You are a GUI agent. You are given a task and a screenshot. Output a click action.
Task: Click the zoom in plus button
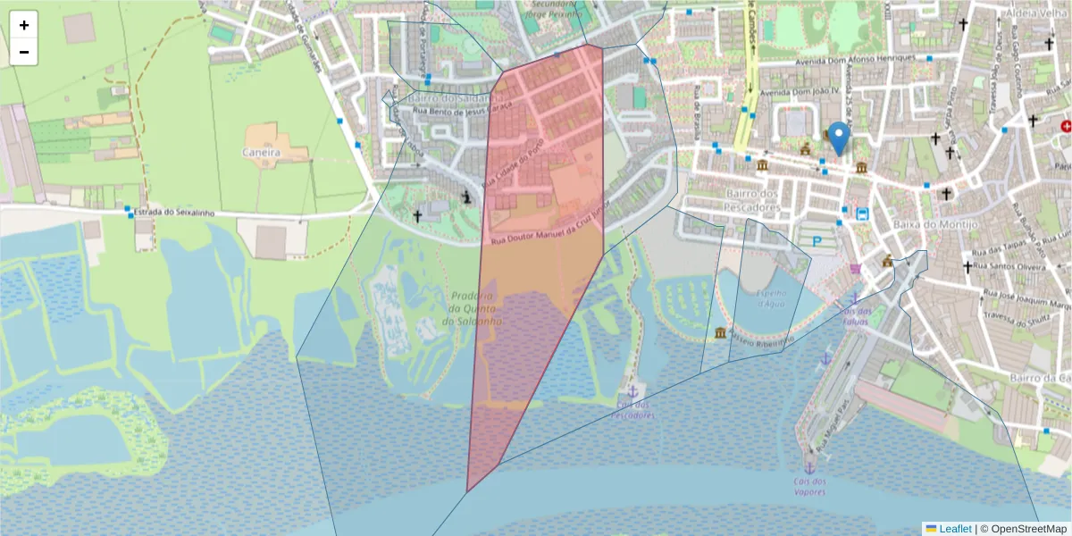pos(24,25)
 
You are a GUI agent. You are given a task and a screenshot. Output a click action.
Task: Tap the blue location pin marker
pos(839,138)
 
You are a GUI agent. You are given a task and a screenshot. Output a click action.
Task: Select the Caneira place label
pos(261,153)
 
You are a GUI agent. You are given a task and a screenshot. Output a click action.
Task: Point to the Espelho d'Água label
pos(772,298)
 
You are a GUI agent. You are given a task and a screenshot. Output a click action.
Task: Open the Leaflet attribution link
pos(954,529)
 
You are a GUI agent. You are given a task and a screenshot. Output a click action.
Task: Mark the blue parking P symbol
pos(817,241)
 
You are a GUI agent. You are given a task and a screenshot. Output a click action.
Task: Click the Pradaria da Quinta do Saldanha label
pos(473,308)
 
